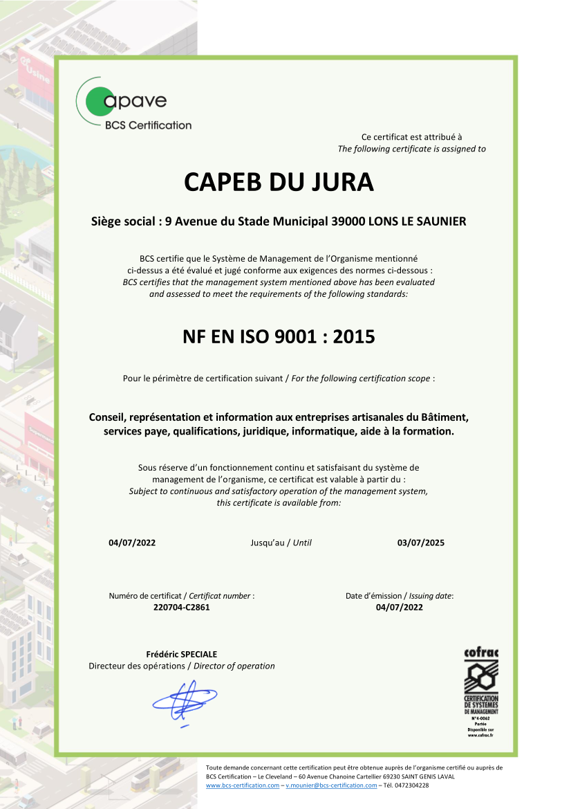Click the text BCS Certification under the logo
(x=148, y=125)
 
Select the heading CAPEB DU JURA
(x=279, y=182)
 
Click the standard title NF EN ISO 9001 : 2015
(x=279, y=337)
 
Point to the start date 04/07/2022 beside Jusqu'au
(x=132, y=543)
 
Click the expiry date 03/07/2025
(x=421, y=543)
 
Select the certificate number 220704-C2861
(x=181, y=607)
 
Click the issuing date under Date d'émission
(x=399, y=607)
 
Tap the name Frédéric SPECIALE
(x=181, y=654)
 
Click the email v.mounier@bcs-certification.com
(x=331, y=785)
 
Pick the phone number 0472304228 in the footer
(x=412, y=785)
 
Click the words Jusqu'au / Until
(x=281, y=543)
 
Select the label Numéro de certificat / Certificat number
(x=181, y=596)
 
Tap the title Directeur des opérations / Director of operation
(x=181, y=666)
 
